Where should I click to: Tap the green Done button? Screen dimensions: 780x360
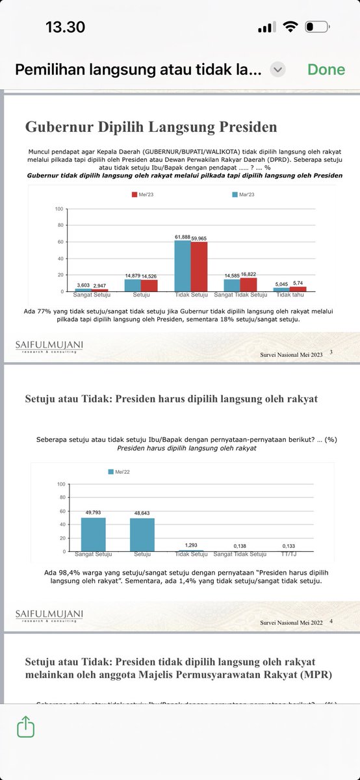click(x=326, y=70)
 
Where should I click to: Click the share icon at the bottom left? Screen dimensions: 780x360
click(x=26, y=726)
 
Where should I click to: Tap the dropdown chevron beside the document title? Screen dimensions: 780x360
click(x=277, y=70)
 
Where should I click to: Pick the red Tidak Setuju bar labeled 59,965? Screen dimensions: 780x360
click(x=198, y=267)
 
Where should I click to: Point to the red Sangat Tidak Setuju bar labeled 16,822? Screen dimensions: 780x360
click(x=248, y=284)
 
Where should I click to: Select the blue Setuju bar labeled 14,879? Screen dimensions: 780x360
click(x=132, y=285)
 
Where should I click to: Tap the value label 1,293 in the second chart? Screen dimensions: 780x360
click(x=191, y=545)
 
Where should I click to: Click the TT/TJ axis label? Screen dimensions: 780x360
click(x=289, y=554)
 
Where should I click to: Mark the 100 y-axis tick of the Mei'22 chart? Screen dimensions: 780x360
click(x=60, y=484)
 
